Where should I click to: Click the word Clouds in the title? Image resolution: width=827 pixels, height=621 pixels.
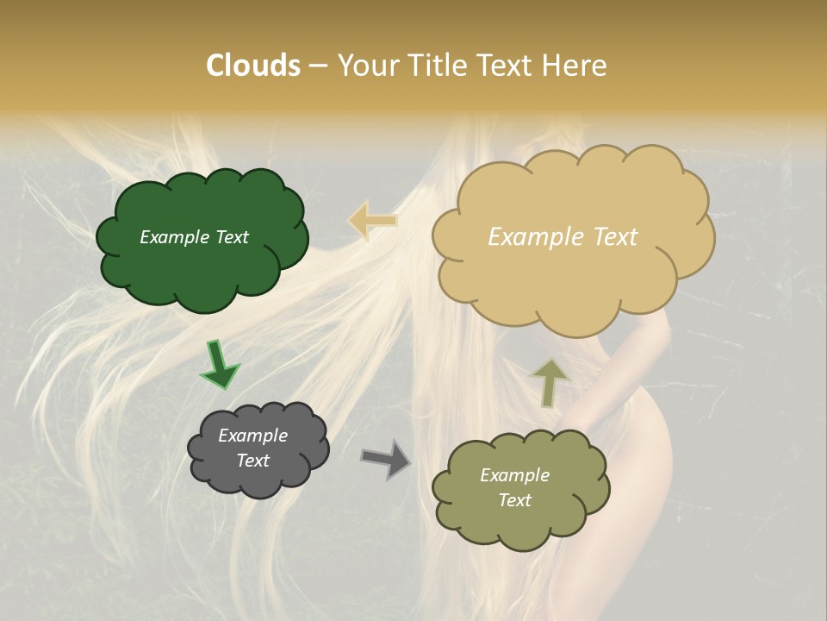(253, 66)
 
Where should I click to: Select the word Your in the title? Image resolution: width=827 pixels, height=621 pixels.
(366, 66)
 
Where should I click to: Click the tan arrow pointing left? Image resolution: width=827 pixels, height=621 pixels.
(372, 221)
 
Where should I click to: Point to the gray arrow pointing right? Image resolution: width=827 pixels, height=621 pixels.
(386, 459)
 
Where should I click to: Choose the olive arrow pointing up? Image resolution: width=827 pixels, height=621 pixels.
(550, 381)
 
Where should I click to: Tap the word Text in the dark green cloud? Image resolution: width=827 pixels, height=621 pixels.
(232, 237)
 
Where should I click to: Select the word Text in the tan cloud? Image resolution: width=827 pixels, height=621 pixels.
(616, 237)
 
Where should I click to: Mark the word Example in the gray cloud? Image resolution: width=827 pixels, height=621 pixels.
(253, 436)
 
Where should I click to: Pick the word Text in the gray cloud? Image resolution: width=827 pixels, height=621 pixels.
(253, 461)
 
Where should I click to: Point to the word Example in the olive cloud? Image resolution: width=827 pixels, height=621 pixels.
(514, 475)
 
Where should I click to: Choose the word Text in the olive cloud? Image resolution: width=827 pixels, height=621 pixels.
(514, 500)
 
